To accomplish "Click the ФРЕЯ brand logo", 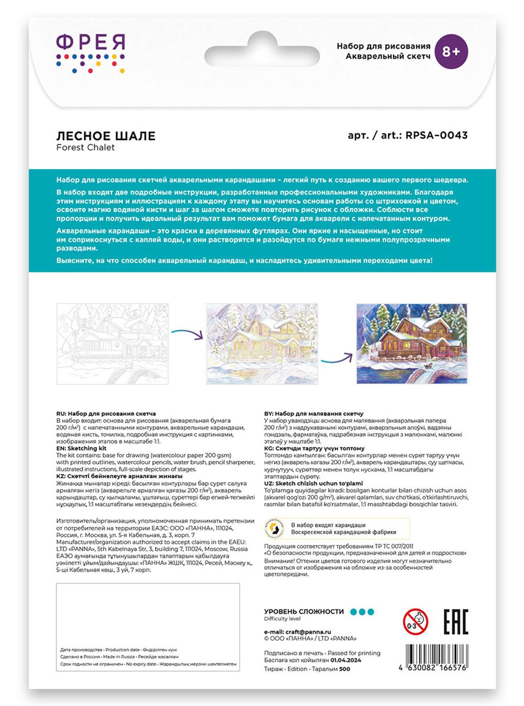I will click(91, 52).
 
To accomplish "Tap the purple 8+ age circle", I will click(451, 51).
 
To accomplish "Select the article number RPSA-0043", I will click(436, 135).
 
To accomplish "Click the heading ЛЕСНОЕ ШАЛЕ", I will click(106, 136).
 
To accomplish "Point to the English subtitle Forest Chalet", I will click(85, 148).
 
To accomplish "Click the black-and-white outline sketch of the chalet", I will click(112, 344).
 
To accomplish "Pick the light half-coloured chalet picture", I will click(262, 344).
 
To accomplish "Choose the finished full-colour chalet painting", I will click(411, 344).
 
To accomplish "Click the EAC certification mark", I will click(455, 622).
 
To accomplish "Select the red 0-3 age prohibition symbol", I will click(415, 622).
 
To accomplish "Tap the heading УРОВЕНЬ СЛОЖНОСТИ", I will click(304, 612).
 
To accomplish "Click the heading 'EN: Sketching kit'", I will click(81, 448).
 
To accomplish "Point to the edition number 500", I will click(345, 669).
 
